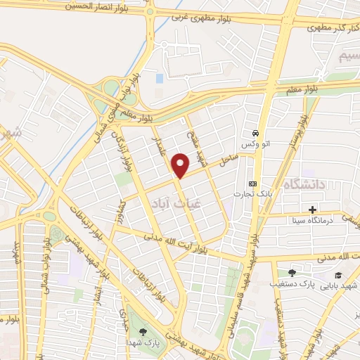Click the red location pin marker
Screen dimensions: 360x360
pyautogui.click(x=181, y=165)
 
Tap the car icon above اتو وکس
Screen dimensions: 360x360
pyautogui.click(x=255, y=133)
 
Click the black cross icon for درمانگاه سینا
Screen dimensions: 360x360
pyautogui.click(x=312, y=210)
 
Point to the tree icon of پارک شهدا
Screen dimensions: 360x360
pyautogui.click(x=143, y=331)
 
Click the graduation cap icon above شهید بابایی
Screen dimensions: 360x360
pyautogui.click(x=338, y=275)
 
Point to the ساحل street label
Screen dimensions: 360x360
pyautogui.click(x=230, y=160)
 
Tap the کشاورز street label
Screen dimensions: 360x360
pyautogui.click(x=123, y=207)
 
